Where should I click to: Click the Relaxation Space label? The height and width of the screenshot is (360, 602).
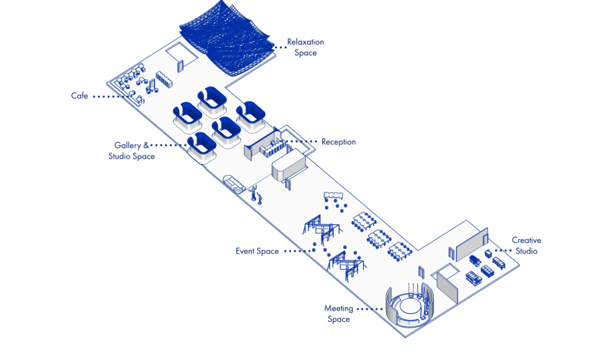(305, 48)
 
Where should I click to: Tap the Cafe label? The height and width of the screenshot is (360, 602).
(79, 96)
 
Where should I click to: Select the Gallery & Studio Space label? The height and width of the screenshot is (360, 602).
(132, 151)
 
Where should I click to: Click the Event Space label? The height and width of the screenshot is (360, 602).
(257, 252)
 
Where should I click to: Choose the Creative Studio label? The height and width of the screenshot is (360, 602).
(526, 246)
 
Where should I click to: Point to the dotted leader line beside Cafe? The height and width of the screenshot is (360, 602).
(112, 96)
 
